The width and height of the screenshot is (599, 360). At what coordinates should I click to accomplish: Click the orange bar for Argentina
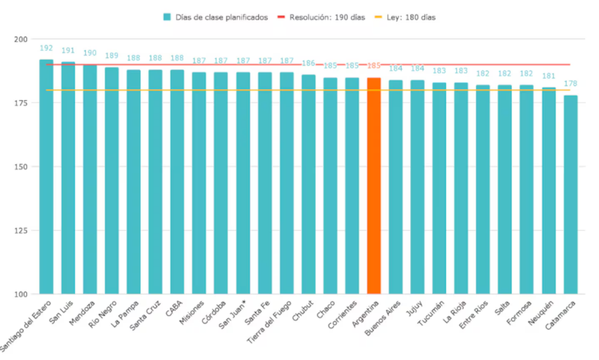(374, 186)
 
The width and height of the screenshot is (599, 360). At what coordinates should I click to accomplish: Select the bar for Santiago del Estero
(46, 176)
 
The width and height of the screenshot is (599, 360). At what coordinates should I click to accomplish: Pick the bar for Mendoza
(90, 179)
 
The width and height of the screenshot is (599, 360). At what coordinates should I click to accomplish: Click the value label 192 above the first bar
(46, 48)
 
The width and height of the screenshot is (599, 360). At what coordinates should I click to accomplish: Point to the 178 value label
(570, 84)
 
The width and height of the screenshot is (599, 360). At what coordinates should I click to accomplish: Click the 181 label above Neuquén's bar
(549, 76)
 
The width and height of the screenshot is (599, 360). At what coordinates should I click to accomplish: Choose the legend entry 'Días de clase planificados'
(216, 18)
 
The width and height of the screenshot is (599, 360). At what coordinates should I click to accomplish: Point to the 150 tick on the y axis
(23, 167)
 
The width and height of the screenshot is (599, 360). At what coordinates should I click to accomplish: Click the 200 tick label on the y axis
(23, 39)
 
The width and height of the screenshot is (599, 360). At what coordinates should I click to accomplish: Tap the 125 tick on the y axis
(23, 231)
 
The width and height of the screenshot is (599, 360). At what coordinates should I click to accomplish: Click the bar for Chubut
(308, 184)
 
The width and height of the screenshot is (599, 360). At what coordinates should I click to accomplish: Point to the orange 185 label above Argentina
(374, 66)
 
